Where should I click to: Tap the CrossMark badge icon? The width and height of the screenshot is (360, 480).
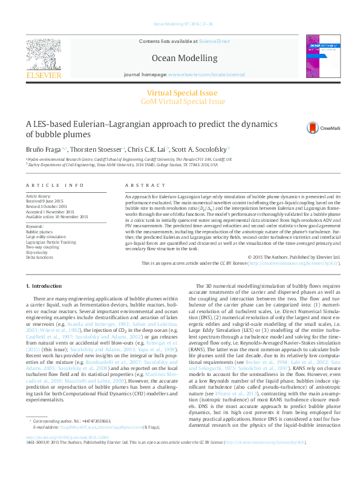point(313,127)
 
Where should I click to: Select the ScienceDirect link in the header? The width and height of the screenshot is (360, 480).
point(215,40)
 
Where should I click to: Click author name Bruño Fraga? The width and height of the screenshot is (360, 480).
point(46,149)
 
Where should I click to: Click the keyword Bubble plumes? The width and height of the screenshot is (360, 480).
point(39,232)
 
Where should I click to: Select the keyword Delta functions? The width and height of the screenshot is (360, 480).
point(40,257)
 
